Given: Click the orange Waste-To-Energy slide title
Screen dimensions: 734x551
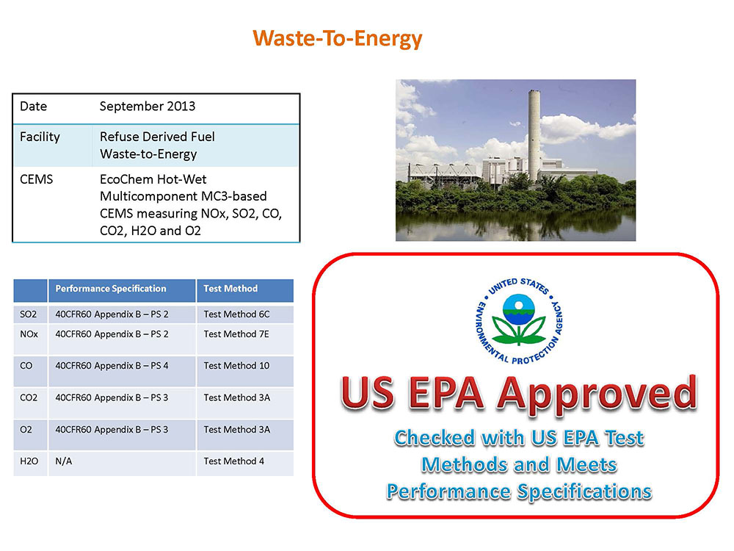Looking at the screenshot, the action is point(338,38).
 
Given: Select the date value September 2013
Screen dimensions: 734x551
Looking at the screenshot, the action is point(148,107).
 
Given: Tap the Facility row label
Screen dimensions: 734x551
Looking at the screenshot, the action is point(40,137).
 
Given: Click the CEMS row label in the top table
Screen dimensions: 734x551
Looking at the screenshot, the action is point(36,179).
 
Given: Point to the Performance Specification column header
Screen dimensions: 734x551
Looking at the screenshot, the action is point(111,289).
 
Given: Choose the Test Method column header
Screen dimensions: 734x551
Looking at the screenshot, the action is point(230,289).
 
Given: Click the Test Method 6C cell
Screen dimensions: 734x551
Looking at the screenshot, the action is point(236,314).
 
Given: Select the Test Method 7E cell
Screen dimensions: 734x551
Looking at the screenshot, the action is point(236,334).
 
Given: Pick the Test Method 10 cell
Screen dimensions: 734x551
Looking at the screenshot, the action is point(236,365).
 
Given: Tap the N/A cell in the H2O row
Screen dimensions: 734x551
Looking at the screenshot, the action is point(64,461).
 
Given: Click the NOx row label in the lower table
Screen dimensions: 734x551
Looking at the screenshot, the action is point(29,334).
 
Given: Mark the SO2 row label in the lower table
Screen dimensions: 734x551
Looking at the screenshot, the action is point(28,314).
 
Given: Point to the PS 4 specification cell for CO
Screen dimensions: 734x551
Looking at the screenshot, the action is point(112,365).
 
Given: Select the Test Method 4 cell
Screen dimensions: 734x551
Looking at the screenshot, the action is point(233,461).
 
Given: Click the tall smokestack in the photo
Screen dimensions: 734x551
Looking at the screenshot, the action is point(534,135).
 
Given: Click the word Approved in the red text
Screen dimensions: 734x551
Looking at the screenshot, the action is point(597,395).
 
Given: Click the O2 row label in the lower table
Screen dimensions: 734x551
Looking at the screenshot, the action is point(26,430).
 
